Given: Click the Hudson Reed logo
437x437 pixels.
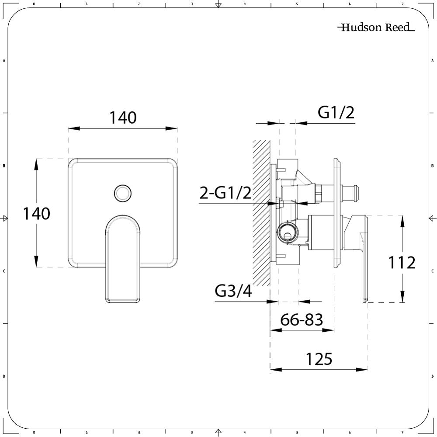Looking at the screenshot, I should [x=376, y=28].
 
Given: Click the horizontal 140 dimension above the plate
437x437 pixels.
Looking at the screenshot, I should [x=122, y=118].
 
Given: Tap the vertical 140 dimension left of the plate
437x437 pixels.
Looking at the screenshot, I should [x=37, y=214].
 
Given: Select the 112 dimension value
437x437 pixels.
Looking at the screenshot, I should [x=402, y=263].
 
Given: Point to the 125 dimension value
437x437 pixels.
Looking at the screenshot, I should [x=319, y=359].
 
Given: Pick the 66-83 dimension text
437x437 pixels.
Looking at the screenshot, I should [x=302, y=320].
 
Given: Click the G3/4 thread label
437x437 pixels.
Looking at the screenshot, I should [x=233, y=291].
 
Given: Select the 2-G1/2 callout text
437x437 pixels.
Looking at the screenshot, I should [x=225, y=192].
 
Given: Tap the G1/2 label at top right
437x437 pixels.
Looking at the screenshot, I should [x=336, y=113].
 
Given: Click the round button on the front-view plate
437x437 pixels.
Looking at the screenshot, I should [x=122, y=193].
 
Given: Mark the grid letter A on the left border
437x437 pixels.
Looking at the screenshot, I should [x=4, y=61].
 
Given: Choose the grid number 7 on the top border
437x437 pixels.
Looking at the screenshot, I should [x=402, y=4].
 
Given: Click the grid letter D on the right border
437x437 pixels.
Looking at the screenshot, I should [x=432, y=376].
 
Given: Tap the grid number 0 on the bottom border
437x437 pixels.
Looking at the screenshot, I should [x=34, y=433].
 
